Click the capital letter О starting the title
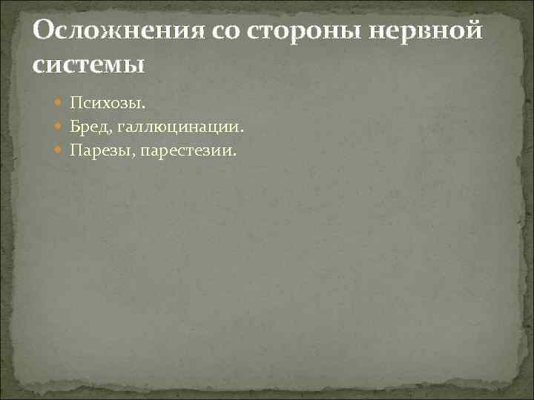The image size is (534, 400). [x=44, y=32]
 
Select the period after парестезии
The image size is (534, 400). [x=235, y=155]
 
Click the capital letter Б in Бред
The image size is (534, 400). [x=76, y=126]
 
